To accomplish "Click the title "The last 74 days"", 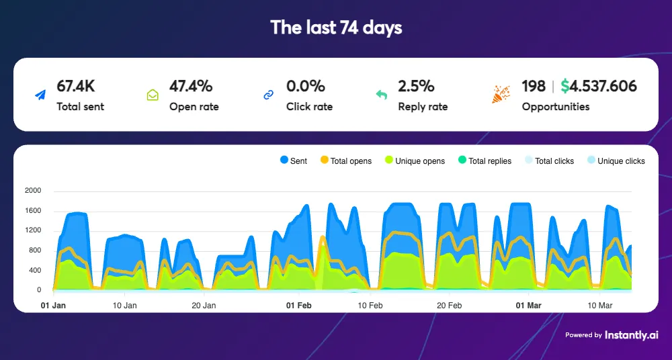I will (x=336, y=28).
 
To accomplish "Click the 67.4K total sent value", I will (x=76, y=86).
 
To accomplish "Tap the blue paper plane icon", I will (x=41, y=95).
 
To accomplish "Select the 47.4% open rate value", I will (x=191, y=86).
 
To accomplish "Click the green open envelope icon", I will (x=153, y=95).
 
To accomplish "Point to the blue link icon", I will (x=268, y=95).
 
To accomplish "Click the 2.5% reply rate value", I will (x=416, y=86).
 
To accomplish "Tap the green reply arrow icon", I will (x=381, y=95).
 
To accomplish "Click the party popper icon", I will (x=501, y=95).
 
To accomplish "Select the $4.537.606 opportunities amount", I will (x=599, y=86).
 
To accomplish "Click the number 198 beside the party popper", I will (x=534, y=86).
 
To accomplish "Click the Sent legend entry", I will (x=294, y=161).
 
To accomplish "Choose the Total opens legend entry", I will (x=345, y=161).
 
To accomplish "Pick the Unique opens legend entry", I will (x=414, y=161).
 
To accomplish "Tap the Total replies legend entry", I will (x=484, y=161).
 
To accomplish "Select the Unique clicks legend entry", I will (x=616, y=161).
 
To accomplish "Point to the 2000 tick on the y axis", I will (x=33, y=191).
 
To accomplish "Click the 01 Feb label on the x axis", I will (x=299, y=306).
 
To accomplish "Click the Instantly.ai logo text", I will (x=631, y=334).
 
